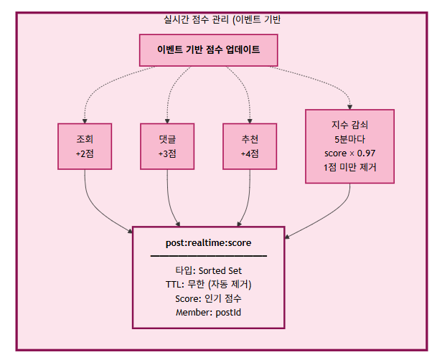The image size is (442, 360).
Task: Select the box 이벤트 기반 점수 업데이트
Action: pos(208,50)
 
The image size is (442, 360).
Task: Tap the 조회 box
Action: pos(85,146)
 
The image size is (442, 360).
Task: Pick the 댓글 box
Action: pos(167,146)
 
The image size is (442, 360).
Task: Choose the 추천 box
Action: pos(250,146)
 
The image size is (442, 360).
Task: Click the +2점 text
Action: pos(85,153)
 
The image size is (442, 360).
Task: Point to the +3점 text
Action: pos(167,153)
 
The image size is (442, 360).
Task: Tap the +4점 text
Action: pos(250,153)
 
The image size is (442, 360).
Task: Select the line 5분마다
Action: pos(349,139)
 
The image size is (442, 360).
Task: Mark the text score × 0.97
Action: pos(349,153)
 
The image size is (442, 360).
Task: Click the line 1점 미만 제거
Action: pos(349,167)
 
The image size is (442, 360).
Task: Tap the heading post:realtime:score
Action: pos(208,242)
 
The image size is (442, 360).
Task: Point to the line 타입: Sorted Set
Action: pos(208,270)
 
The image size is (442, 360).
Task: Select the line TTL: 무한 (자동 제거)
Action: pos(208,285)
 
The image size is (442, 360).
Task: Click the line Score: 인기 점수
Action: pos(208,298)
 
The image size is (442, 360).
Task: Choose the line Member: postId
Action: pos(208,313)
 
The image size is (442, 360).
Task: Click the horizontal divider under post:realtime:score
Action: pos(208,255)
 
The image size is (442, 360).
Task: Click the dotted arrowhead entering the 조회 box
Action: pos(85,120)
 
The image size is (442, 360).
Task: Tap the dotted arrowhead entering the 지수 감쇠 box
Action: pos(349,106)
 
